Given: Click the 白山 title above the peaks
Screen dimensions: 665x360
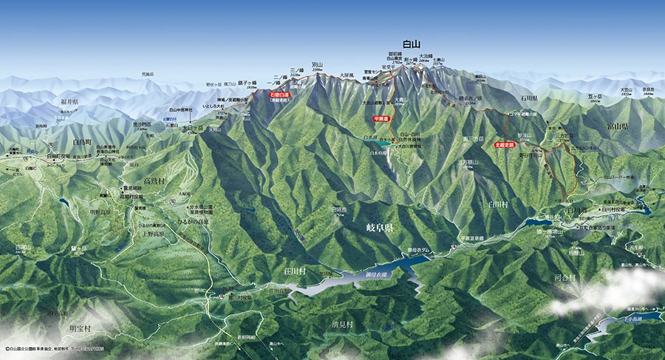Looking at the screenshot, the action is point(412,44).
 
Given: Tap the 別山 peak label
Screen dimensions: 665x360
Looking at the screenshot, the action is point(318,65).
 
